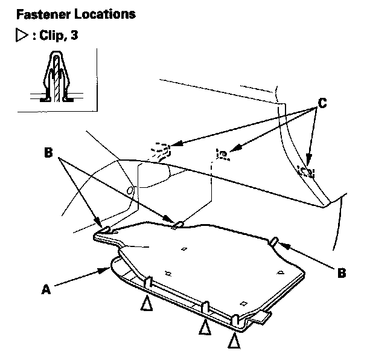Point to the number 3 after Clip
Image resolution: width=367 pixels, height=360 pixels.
point(75,35)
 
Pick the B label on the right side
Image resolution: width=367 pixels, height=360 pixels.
point(341,272)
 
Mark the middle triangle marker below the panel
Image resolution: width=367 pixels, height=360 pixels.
point(205,327)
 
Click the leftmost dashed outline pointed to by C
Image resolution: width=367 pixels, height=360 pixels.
point(161,148)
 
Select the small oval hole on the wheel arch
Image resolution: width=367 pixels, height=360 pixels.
point(129,191)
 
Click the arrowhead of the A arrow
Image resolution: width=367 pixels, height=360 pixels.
point(106,270)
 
